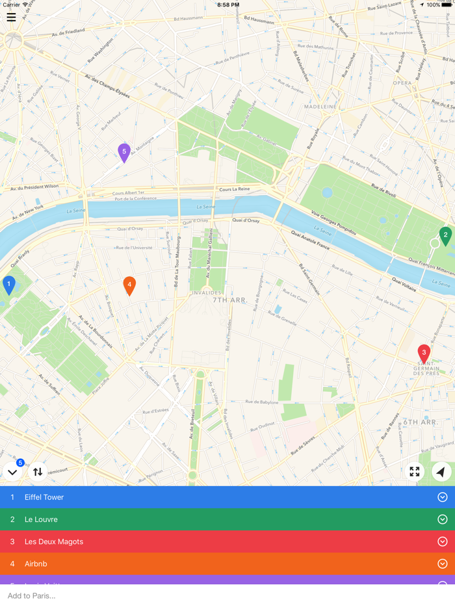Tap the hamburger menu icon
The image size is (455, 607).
(11, 18)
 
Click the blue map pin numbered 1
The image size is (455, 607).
(9, 284)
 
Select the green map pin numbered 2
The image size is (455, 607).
(445, 235)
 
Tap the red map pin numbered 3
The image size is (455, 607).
(424, 353)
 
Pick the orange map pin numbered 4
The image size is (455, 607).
(129, 285)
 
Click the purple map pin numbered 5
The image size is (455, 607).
(124, 152)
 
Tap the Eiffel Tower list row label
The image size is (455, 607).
(44, 497)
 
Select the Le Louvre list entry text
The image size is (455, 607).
(41, 519)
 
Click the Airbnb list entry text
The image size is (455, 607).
(36, 563)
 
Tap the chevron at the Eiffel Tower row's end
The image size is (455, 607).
(443, 497)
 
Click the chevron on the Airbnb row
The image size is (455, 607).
(443, 563)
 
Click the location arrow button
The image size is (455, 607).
(441, 472)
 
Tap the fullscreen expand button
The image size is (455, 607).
(415, 472)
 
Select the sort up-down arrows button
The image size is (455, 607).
(38, 472)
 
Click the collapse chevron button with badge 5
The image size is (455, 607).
(12, 472)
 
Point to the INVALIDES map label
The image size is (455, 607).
(207, 292)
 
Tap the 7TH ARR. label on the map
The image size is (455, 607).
(230, 300)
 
